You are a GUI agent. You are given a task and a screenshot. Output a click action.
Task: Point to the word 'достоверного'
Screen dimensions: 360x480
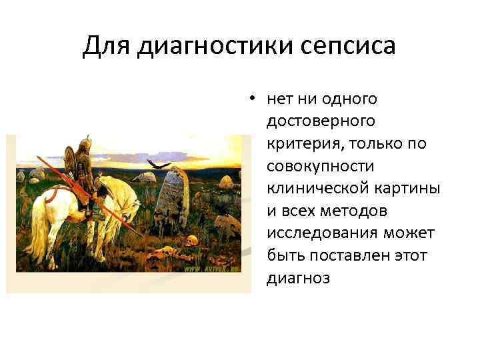pyautogui.click(x=320, y=121)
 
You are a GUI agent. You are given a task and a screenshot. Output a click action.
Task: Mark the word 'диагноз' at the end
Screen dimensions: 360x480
pyautogui.click(x=298, y=277)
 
